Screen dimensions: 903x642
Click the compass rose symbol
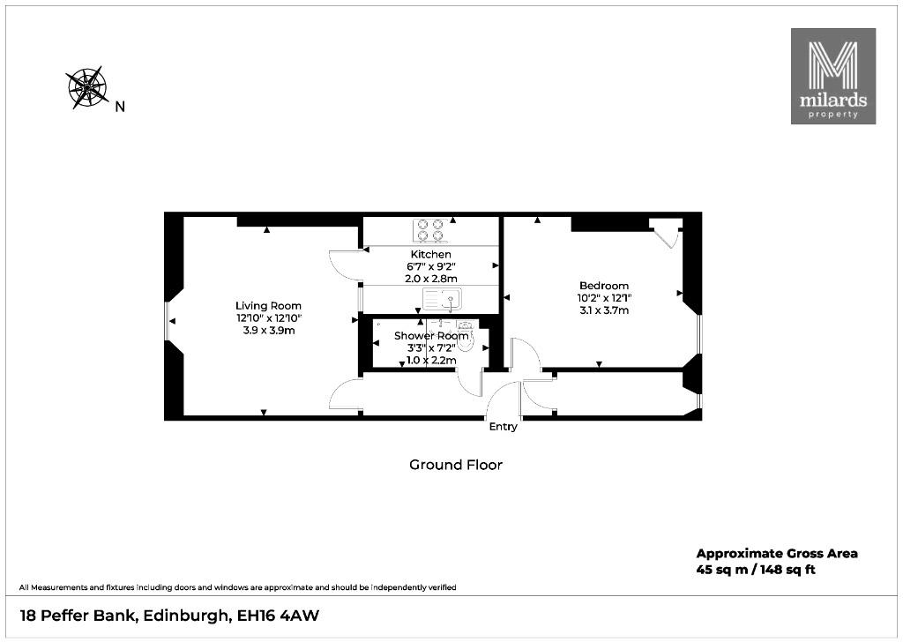(87, 87)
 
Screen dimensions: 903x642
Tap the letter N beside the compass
(120, 107)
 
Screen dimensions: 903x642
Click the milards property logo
(832, 76)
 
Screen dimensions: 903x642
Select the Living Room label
(268, 306)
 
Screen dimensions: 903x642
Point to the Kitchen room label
(430, 254)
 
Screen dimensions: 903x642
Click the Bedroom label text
(603, 286)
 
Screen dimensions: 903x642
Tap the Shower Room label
(431, 336)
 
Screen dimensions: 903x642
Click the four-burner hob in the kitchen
(430, 229)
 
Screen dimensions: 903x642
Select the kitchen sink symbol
(443, 300)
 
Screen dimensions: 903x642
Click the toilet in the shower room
(466, 337)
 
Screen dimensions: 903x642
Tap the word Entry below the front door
(504, 427)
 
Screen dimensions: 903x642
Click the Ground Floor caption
(456, 465)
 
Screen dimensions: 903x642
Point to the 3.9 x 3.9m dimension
(268, 331)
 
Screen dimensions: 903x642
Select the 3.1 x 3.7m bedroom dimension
(603, 310)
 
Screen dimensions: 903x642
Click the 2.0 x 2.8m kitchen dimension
(430, 279)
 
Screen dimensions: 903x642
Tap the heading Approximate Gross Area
(777, 554)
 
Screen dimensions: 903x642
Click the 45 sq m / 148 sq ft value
(756, 570)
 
